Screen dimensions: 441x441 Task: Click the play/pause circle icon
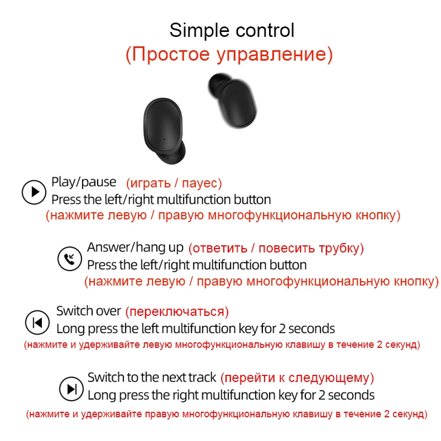pos(34,192)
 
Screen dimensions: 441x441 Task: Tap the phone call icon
pos(69,257)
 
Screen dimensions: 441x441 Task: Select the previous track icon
pos(37,322)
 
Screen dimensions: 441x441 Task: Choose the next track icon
pos(72,389)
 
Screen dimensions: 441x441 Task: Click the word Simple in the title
pos(196,30)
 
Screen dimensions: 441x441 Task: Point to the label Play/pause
pos(84,182)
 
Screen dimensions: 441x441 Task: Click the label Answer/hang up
pos(136,248)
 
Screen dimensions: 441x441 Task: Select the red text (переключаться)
pos(177,312)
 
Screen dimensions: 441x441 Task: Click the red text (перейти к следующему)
pos(297,378)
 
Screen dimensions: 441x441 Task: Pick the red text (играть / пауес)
pos(174,183)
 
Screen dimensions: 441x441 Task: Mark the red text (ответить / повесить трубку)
pos(276,248)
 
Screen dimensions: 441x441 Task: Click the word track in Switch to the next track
pos(202,378)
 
